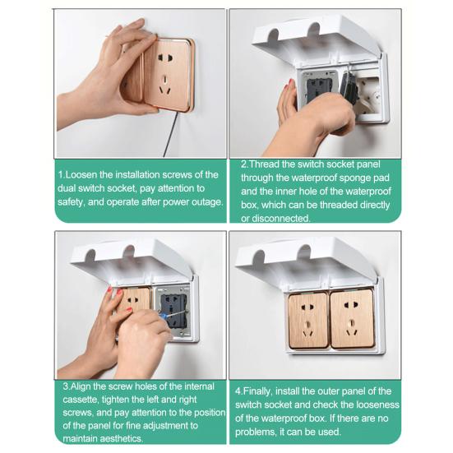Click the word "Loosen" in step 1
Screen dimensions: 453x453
[x=81, y=175]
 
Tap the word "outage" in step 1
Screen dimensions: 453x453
[x=207, y=202]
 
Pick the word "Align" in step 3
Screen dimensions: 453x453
[x=81, y=386]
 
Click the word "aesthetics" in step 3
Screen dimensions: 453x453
[x=121, y=438]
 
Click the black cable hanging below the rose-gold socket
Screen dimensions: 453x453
[x=170, y=134]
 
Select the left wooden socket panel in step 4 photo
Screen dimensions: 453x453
[x=308, y=320]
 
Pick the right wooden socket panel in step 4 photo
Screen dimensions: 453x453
[x=352, y=319]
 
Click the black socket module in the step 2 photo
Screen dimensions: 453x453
[x=317, y=89]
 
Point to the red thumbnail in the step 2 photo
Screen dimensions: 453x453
[x=291, y=83]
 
